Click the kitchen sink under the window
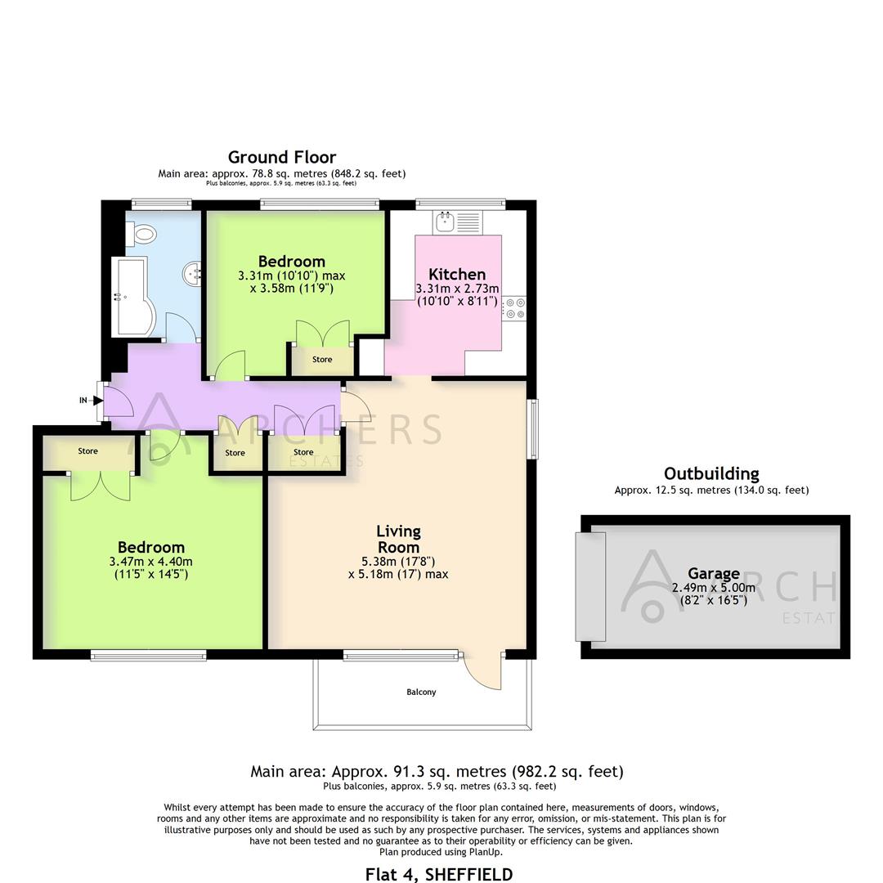click(447, 221)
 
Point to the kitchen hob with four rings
click(516, 308)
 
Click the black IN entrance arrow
click(97, 400)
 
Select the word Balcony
click(421, 692)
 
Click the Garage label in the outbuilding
click(713, 574)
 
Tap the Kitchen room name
click(457, 275)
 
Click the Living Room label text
click(398, 540)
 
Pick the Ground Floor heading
click(281, 157)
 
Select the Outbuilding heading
click(711, 473)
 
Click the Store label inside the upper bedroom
click(322, 360)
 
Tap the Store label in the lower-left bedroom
click(88, 451)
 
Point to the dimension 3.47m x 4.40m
click(150, 562)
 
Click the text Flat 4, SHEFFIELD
click(439, 874)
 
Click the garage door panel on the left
click(589, 586)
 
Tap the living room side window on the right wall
click(533, 429)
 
